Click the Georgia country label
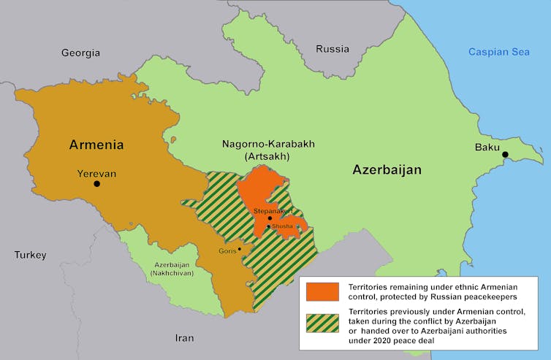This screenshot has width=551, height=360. point(80,53)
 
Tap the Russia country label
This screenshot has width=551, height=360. point(332,49)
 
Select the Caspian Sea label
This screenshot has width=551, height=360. point(499,52)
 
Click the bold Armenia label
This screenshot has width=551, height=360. point(96,144)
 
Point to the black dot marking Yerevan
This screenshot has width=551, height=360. point(97,184)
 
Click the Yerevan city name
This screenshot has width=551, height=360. point(96,173)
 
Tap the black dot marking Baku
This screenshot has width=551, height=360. point(505,154)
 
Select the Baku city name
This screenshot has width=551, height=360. point(487,147)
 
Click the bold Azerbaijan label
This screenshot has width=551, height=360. point(387,169)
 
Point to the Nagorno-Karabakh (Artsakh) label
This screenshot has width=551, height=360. point(268,150)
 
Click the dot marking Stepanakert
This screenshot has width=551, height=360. point(270,218)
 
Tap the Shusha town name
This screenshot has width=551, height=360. point(283,226)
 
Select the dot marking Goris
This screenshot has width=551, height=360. point(239,249)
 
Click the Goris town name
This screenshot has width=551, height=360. point(227,251)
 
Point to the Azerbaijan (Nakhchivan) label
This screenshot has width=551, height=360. point(171,268)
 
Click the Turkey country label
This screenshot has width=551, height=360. point(30,255)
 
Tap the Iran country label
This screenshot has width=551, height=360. point(184,338)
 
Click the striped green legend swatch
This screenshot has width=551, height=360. point(323,323)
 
